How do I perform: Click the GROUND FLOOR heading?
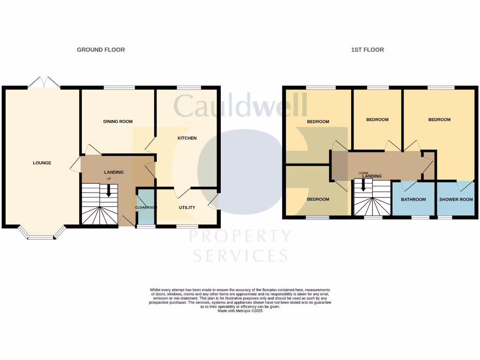101,50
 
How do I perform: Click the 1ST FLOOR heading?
367,50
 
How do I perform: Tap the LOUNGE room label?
42,163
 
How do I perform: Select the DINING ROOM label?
118,121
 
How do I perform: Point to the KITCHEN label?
187,138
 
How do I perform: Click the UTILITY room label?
187,208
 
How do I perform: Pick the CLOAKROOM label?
145,208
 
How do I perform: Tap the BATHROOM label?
413,200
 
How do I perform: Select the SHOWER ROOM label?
456,200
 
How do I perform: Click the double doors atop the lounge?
44,83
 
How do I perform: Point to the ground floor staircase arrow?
109,191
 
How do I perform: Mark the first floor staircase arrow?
363,186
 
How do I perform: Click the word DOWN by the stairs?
363,173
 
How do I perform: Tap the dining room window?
119,87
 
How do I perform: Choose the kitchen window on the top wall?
188,87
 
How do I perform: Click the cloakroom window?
146,227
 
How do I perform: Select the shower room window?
445,217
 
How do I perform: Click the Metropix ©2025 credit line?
240,311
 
